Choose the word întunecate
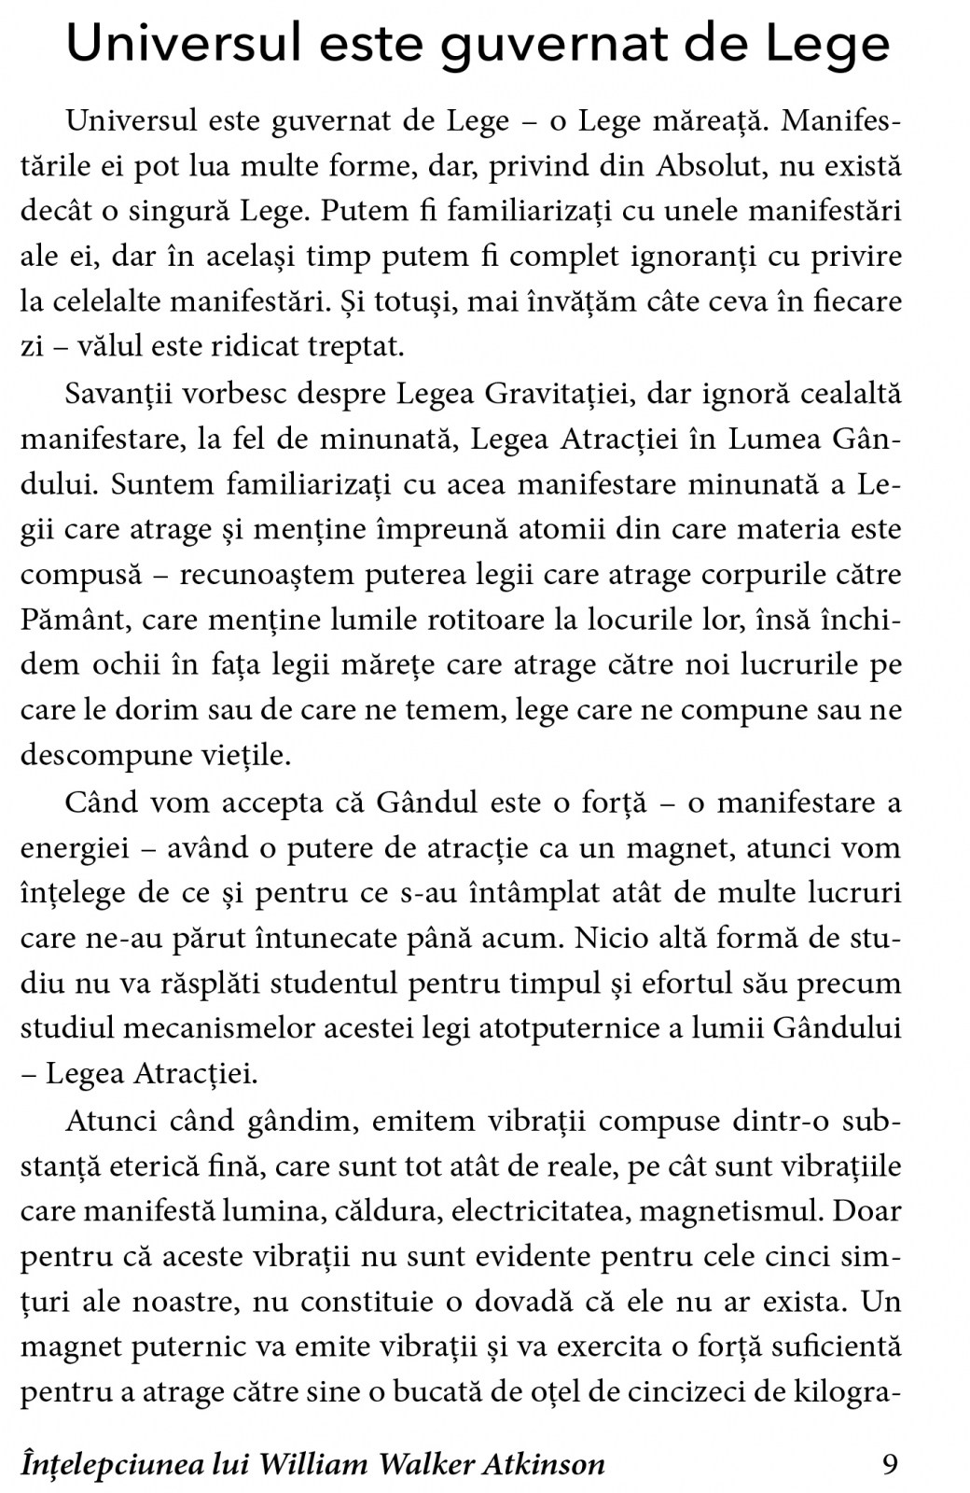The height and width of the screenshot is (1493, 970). coord(372,936)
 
